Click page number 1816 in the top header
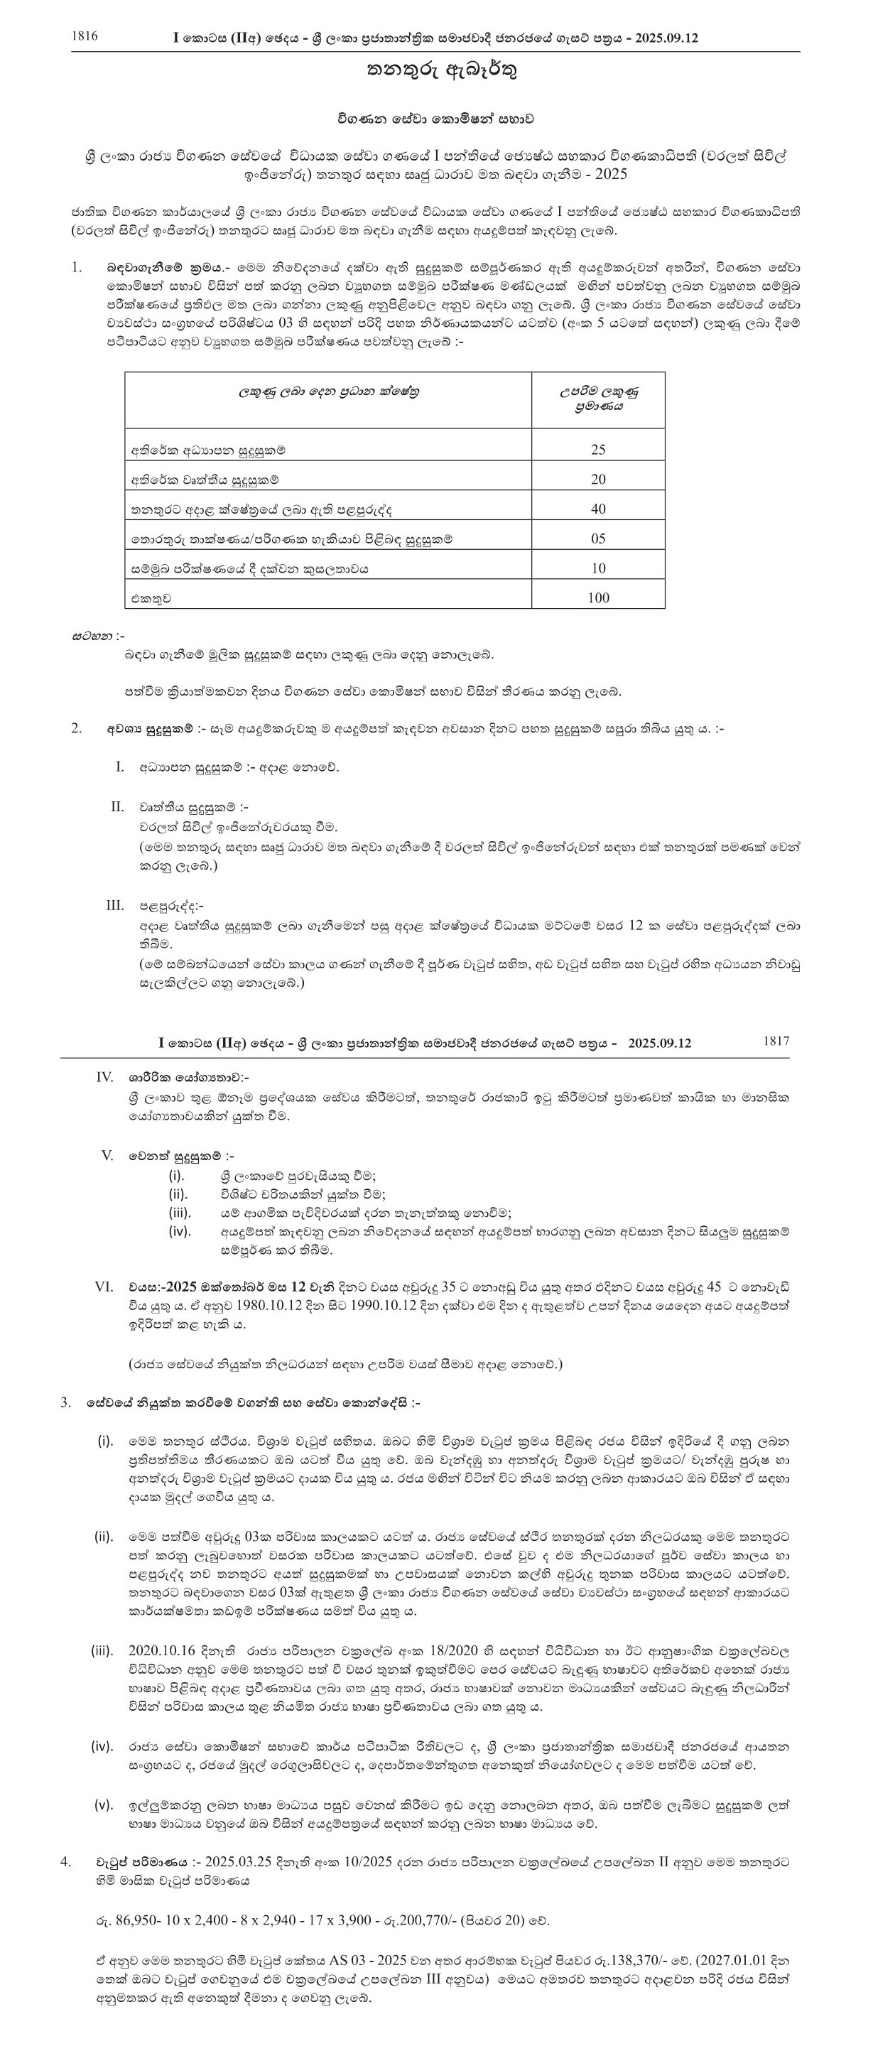pos(85,36)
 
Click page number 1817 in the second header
pos(776,1041)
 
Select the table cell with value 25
pos(598,450)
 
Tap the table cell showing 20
pos(598,479)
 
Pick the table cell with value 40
pos(598,509)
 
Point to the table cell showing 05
pos(598,538)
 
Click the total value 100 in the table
pos(598,598)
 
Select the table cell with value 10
pos(598,568)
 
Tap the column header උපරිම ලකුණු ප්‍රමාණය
pos(598,398)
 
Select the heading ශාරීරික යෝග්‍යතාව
pos(189,1078)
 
